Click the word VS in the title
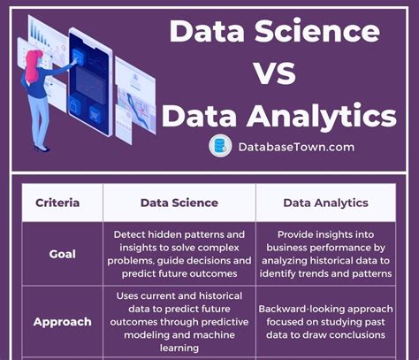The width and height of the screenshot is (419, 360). tap(275, 73)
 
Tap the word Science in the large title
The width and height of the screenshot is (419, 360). tap(317, 31)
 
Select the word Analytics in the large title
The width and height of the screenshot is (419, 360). tap(322, 116)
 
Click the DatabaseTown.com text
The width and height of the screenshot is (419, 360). tap(296, 147)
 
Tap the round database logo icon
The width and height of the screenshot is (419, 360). tap(220, 146)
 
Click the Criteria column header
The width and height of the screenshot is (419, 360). tap(57, 203)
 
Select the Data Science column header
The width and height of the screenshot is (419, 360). tap(179, 203)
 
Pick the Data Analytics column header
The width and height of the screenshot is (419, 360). tap(325, 203)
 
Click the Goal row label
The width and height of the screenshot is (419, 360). tap(63, 254)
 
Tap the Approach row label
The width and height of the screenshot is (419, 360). tap(63, 322)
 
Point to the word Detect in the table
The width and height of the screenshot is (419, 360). tap(129, 234)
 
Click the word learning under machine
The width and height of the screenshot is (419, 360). tap(179, 348)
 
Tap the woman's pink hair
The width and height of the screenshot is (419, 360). tap(32, 65)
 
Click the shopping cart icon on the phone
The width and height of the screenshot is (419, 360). tap(95, 114)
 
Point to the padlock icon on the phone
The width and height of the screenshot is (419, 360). tap(73, 105)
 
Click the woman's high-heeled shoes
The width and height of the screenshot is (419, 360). tap(41, 148)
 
